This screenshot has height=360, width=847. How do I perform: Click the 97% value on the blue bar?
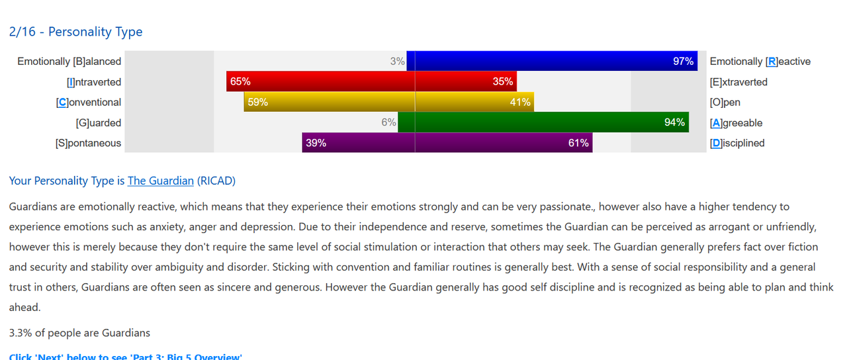(x=683, y=62)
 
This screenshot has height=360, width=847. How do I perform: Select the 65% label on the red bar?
(x=240, y=82)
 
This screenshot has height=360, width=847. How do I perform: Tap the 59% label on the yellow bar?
(x=257, y=103)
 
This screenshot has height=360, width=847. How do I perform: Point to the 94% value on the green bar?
(x=674, y=122)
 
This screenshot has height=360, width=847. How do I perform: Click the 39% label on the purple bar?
(x=316, y=143)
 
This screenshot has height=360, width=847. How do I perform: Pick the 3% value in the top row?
(x=397, y=62)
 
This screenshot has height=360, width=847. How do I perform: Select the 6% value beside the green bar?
(x=388, y=122)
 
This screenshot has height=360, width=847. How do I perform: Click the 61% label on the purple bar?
(x=578, y=143)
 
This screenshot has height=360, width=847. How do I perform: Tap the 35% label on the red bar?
(x=502, y=82)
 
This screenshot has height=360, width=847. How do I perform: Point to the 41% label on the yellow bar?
(x=520, y=103)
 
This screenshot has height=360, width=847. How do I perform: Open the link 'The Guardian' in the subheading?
(x=161, y=181)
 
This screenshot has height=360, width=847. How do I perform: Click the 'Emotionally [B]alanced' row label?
(x=69, y=62)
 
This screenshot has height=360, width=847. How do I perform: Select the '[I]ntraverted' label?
(x=94, y=82)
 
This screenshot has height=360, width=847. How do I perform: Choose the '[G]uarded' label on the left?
(x=99, y=123)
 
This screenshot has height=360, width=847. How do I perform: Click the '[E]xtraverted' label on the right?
(x=738, y=82)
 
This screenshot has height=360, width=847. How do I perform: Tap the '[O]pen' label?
(x=725, y=103)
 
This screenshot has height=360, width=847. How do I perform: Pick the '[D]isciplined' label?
(x=737, y=143)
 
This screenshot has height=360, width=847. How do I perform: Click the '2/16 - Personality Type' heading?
(x=75, y=32)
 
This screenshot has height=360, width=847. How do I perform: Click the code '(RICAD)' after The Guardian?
(x=216, y=181)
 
